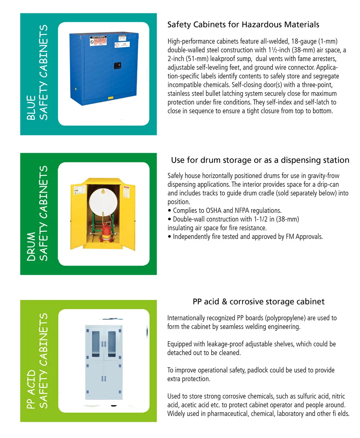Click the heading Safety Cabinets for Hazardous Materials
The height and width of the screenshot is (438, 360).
pos(243,25)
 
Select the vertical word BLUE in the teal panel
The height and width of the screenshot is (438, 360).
pos(31,107)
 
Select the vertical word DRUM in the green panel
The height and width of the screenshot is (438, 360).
pos(31,247)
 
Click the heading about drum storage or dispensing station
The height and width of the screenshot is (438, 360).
pos(260,160)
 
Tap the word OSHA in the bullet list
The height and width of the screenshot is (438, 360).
pos(215,211)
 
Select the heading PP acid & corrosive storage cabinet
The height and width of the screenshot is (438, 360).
pos(258,302)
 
